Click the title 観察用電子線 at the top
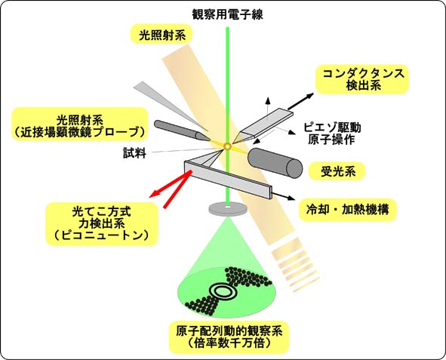228,14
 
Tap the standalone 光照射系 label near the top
162,35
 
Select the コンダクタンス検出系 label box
363,79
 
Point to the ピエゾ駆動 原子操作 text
332,134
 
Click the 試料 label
134,152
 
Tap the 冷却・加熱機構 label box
348,210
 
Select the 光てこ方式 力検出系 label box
102,224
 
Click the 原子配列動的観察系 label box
229,337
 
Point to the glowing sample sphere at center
227,146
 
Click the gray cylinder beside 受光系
275,163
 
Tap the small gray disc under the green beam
228,209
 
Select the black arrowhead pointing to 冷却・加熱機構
291,198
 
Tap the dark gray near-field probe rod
181,131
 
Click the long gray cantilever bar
228,180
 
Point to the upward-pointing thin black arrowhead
267,100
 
